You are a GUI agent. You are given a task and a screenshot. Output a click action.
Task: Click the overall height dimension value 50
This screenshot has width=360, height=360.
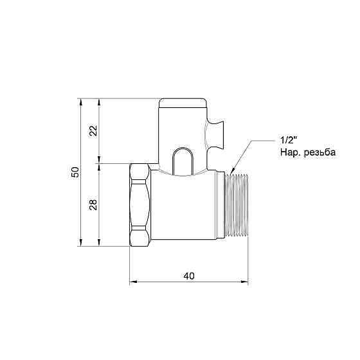(75, 172)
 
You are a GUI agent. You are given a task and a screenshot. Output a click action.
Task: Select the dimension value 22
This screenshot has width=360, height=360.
(93, 130)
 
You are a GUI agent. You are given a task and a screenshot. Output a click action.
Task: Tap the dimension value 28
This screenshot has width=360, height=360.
(93, 204)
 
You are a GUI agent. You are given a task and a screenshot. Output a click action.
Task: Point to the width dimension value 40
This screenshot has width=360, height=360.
(189, 276)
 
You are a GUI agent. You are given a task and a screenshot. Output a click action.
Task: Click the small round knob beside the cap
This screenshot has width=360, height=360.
(216, 131)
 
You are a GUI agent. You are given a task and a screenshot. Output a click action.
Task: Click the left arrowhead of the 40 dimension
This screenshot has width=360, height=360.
(132, 282)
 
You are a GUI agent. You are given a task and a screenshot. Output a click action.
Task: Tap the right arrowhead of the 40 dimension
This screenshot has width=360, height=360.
(246, 282)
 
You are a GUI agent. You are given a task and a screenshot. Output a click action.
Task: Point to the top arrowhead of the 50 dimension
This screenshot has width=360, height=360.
(80, 102)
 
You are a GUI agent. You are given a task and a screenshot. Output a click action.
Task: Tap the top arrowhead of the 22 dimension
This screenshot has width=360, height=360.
(99, 102)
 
